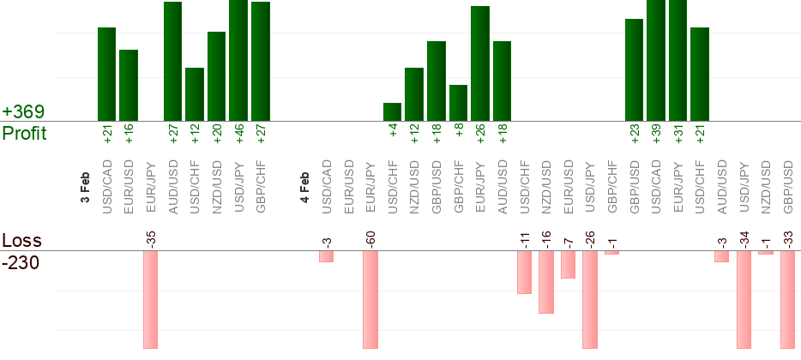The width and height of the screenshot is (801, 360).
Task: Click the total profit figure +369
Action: pyautogui.click(x=23, y=112)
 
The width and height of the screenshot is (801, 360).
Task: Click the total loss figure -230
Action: pyautogui.click(x=21, y=263)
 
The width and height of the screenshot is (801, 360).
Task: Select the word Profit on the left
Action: pyautogui.click(x=24, y=134)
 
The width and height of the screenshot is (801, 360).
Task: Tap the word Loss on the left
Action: pyautogui.click(x=21, y=240)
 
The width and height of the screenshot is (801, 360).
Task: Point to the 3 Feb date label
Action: pyautogui.click(x=85, y=186)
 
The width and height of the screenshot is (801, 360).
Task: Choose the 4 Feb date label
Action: pyautogui.click(x=304, y=186)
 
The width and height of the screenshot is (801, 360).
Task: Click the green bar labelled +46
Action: pyautogui.click(x=238, y=60)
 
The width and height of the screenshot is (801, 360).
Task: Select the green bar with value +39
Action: pyautogui.click(x=656, y=60)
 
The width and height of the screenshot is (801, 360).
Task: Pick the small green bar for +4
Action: pyautogui.click(x=392, y=112)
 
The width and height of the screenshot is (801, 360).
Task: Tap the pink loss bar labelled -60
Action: pyautogui.click(x=370, y=300)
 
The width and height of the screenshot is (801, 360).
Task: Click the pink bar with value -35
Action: pyautogui.click(x=151, y=300)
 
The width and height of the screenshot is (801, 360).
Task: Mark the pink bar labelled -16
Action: pyautogui.click(x=546, y=282)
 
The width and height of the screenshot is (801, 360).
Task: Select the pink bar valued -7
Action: pyautogui.click(x=568, y=265)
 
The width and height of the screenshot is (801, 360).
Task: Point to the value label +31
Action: pyautogui.click(x=678, y=134)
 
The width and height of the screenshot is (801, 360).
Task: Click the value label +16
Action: pyautogui.click(x=129, y=134)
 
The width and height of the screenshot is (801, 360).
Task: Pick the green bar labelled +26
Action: pyautogui.click(x=480, y=64)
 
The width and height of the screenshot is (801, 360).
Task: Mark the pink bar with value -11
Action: pyautogui.click(x=524, y=273)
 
